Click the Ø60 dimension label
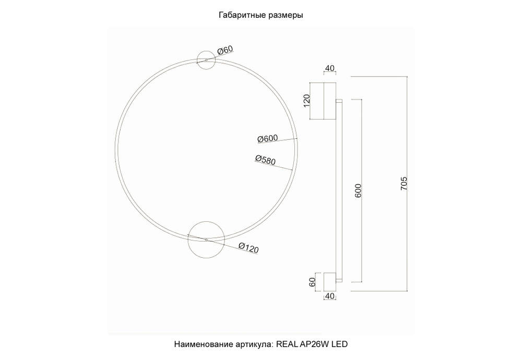(x=224, y=50)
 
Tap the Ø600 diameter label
(x=267, y=139)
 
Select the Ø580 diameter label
(x=265, y=160)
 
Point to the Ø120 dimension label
(x=248, y=248)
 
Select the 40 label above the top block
(x=329, y=68)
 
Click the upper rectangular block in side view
(x=323, y=101)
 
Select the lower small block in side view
(x=329, y=282)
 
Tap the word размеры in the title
(x=284, y=15)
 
